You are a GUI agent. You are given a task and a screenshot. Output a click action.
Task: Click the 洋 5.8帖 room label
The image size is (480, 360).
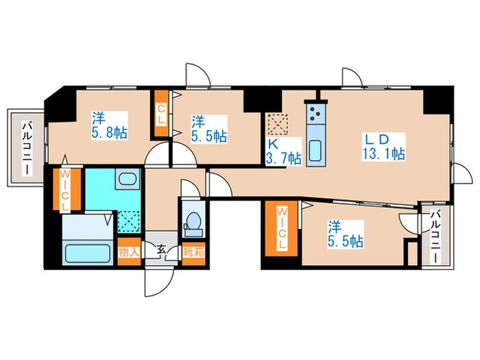(x=110, y=125)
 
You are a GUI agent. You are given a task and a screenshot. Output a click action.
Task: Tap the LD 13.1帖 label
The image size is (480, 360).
(x=384, y=147)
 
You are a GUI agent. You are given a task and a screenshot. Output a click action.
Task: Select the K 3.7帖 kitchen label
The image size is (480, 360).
(x=283, y=152)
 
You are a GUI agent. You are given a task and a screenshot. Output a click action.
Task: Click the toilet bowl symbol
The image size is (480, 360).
(x=193, y=220)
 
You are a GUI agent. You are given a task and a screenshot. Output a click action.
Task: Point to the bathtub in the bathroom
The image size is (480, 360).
(x=88, y=253)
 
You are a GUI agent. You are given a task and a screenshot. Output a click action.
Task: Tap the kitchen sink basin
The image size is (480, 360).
(x=315, y=151)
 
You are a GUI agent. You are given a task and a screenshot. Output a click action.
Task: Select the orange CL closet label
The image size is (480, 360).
(x=161, y=115)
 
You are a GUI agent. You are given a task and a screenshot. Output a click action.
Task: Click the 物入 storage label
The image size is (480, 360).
(x=129, y=252)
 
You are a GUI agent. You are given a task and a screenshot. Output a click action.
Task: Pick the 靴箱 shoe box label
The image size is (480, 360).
(x=193, y=252)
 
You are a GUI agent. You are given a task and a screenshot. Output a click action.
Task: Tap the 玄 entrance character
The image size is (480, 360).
(x=161, y=250)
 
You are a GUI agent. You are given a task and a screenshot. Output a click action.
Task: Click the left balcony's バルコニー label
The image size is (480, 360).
(x=27, y=149)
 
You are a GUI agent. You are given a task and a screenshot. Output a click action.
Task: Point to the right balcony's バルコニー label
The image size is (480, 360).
(x=435, y=237)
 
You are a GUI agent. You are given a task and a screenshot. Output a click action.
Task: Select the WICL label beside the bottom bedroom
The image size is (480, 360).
(x=281, y=228)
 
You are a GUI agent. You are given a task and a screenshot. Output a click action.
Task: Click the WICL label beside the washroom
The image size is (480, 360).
(x=64, y=190)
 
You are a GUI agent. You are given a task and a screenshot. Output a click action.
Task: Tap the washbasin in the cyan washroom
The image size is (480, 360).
(x=128, y=178)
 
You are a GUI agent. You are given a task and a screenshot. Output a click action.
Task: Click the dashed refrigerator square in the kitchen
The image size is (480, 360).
(x=278, y=124)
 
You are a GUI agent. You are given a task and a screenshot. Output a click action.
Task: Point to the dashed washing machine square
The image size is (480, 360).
(x=129, y=221)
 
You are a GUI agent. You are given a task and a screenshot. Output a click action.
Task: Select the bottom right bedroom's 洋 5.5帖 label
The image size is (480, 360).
(x=346, y=234)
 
